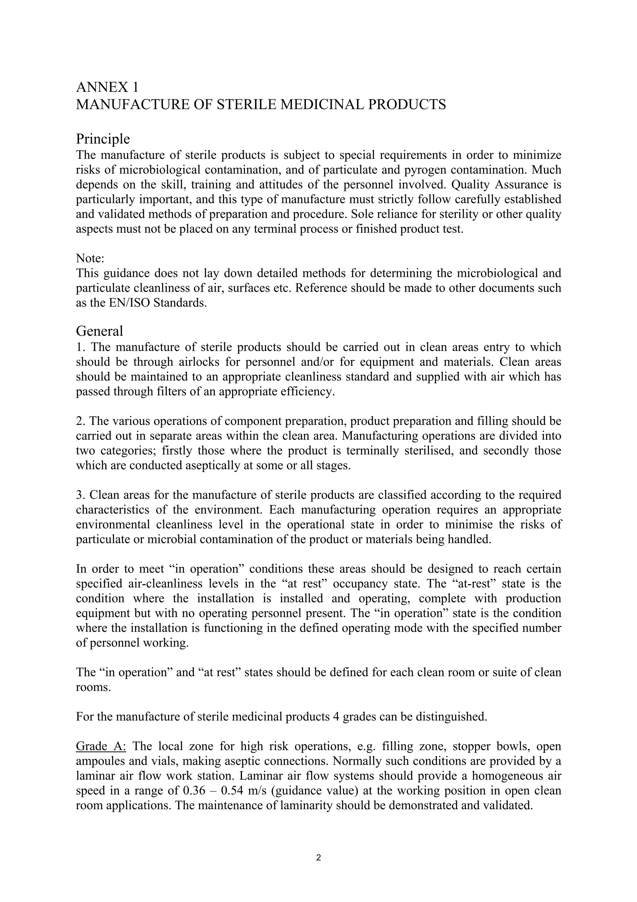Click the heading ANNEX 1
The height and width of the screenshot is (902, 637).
107,87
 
